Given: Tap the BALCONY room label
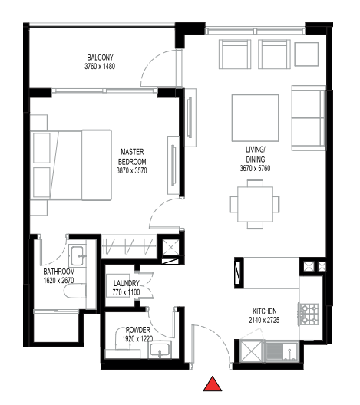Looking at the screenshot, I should click(100, 58).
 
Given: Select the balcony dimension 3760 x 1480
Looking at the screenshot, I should click(100, 67).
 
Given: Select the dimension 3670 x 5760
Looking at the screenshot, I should click(256, 168).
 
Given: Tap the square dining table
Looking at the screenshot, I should click(254, 203).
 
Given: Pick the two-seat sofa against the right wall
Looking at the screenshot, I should click(309, 117).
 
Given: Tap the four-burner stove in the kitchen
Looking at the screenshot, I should click(309, 313).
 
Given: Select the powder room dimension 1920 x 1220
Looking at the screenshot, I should click(138, 338).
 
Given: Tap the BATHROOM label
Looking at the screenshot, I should click(59, 272).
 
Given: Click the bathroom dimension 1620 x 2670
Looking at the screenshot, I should click(59, 282).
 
